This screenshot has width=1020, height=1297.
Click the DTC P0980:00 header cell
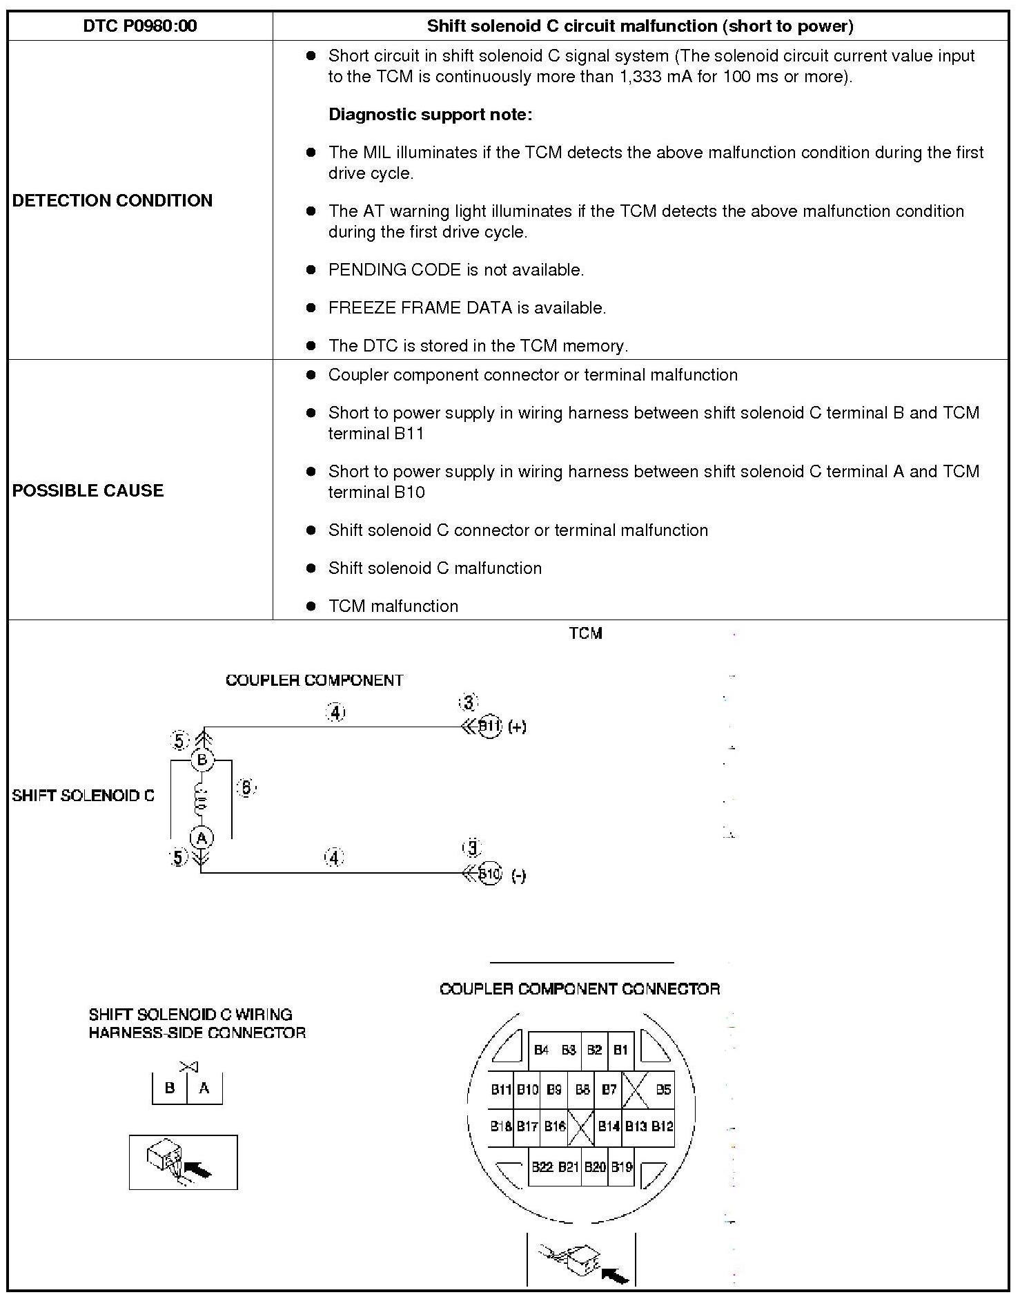[x=140, y=26]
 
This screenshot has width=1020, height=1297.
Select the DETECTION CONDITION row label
[x=112, y=200]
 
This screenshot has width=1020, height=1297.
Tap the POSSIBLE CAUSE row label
[x=88, y=490]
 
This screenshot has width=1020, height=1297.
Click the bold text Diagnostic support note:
[x=430, y=115]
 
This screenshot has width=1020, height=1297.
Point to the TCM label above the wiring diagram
[x=585, y=633]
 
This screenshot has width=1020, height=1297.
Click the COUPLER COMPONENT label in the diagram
[x=314, y=680]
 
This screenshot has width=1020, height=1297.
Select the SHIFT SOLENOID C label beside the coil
[x=83, y=796]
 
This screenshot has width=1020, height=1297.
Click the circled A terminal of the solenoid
[x=202, y=838]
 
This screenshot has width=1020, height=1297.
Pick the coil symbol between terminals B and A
[x=202, y=799]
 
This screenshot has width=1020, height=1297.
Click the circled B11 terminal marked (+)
[x=489, y=727]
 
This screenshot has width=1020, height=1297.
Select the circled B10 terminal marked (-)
[x=489, y=874]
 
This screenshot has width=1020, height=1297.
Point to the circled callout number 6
[x=246, y=787]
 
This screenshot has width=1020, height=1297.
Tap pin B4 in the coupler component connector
[x=541, y=1050]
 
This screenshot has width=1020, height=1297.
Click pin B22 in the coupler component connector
[x=542, y=1167]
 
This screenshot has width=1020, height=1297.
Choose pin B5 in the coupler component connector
[x=663, y=1090]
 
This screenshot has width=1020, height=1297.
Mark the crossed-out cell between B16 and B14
[x=581, y=1127]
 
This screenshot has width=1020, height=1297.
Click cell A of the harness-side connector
[x=204, y=1088]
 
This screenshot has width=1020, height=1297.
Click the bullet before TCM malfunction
[x=311, y=606]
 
